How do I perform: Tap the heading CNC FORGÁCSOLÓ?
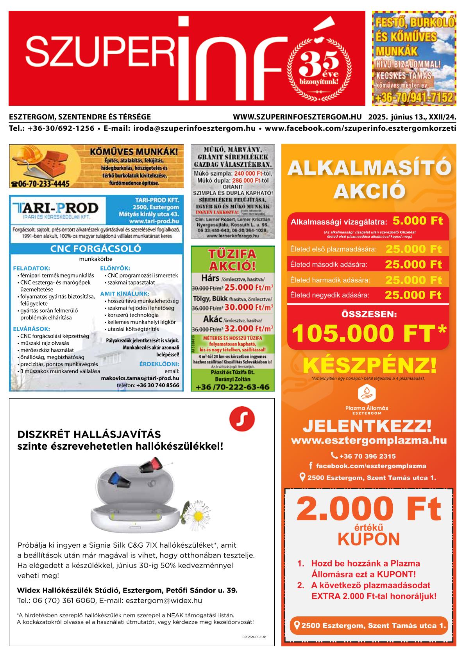coord(96,249)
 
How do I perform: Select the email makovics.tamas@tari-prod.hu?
coord(140,378)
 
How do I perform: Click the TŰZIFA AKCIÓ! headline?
coord(232,260)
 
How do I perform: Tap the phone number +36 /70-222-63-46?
coord(232,387)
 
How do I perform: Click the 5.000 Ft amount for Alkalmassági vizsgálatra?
coord(417,221)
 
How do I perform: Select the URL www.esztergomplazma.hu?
coord(368,441)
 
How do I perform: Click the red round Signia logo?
coord(242,419)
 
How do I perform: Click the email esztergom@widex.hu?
coord(164,600)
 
